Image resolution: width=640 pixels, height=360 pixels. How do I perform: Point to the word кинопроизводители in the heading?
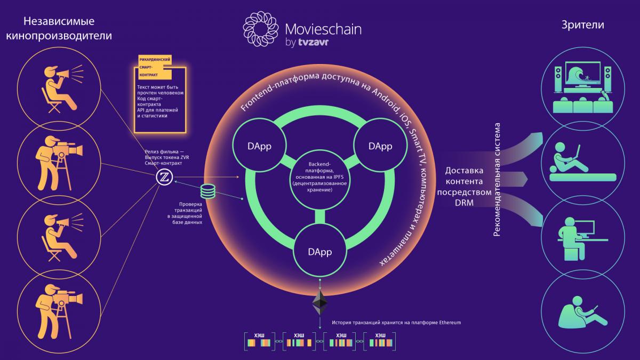click(x=59, y=37)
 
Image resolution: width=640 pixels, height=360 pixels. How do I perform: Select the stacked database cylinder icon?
click(x=207, y=191)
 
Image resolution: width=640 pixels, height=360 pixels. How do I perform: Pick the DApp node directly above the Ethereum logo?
click(x=321, y=251)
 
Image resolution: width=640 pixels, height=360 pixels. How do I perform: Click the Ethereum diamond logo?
click(x=320, y=302)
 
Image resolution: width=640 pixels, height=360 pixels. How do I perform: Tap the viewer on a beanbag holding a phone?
click(x=581, y=315)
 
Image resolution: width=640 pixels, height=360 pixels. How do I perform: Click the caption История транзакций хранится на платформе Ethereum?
click(x=396, y=323)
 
